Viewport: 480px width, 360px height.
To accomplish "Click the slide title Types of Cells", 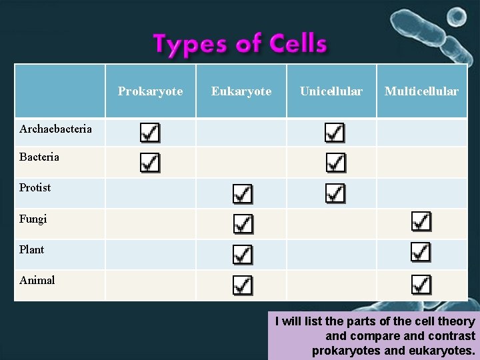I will (x=240, y=44).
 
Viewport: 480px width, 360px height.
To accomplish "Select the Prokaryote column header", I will (x=150, y=91).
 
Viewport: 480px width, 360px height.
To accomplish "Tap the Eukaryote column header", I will (x=241, y=91).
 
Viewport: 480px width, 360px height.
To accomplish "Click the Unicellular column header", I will (x=331, y=91).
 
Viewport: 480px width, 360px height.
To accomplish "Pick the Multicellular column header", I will (x=421, y=91).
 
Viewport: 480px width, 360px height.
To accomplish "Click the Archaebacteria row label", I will (x=55, y=129).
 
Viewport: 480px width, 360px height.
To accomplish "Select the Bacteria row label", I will (x=39, y=157).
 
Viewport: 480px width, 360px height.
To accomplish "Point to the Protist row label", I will (x=35, y=188).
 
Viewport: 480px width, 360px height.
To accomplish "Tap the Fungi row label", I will (x=33, y=219).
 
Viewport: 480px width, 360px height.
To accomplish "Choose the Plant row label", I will (x=32, y=249).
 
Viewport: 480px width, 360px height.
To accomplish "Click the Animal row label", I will (x=37, y=280).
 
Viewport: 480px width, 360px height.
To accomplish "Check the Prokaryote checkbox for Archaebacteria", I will (x=150, y=133).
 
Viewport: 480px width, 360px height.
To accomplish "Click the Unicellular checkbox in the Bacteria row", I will (x=335, y=162).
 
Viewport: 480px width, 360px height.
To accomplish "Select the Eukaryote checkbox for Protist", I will (x=242, y=194).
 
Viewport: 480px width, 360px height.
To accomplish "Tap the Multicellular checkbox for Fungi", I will (x=421, y=221).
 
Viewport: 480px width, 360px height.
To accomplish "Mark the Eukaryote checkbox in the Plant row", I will (x=242, y=254).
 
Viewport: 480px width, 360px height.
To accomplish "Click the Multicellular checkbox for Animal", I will (x=421, y=284).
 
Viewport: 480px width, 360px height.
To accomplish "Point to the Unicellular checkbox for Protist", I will (x=335, y=193).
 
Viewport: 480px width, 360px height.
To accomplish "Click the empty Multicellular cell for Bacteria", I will (x=421, y=162).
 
